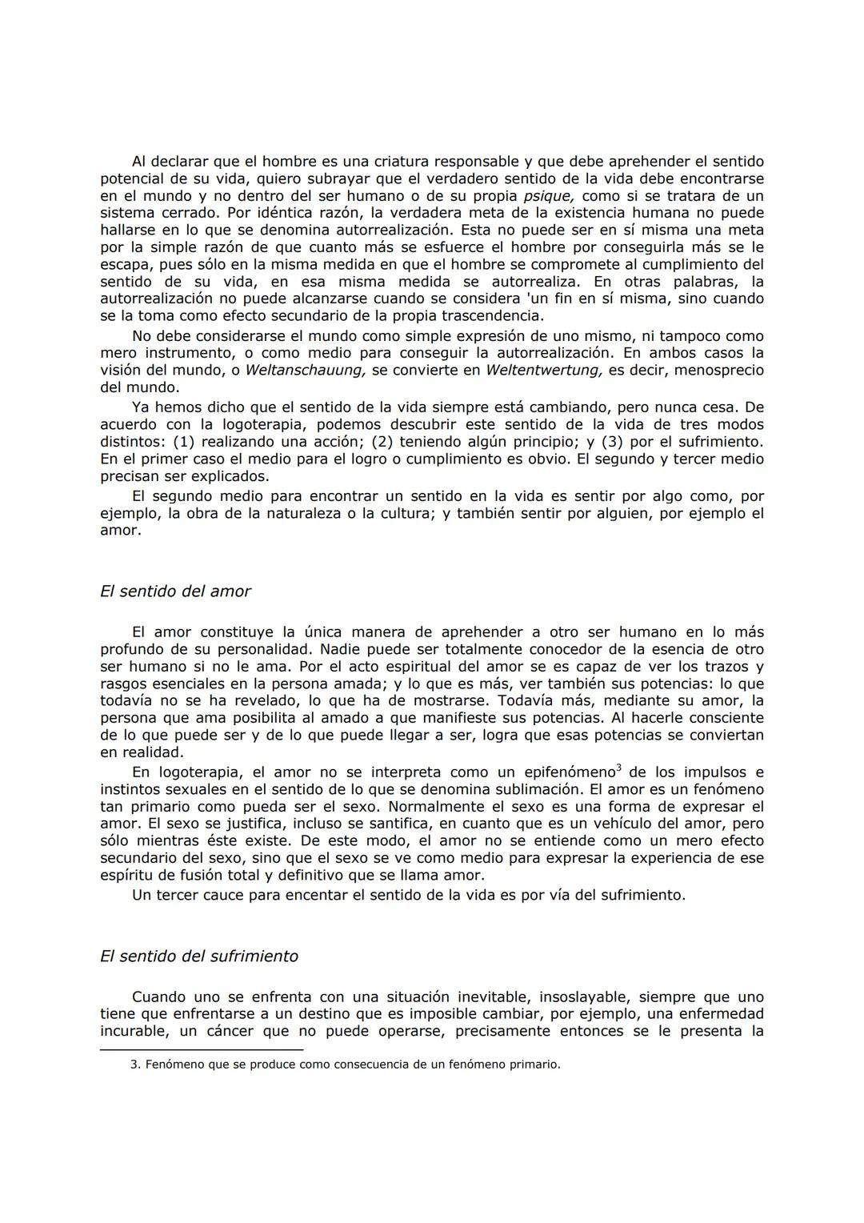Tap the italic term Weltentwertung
pos(544,370)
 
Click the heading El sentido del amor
pos(175,591)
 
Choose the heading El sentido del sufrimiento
pos(199,956)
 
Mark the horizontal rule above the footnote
pos(202,1049)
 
